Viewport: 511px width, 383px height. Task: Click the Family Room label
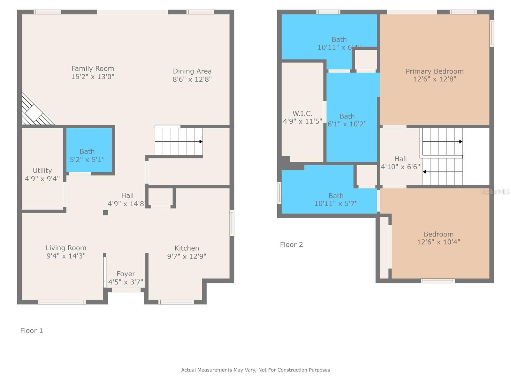pyautogui.click(x=93, y=69)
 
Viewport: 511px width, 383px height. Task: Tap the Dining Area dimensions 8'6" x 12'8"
pyautogui.click(x=192, y=79)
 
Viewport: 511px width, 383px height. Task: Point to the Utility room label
pyautogui.click(x=42, y=170)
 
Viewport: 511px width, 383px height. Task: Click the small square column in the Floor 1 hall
pyautogui.click(x=105, y=213)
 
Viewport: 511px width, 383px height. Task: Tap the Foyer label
pyautogui.click(x=126, y=274)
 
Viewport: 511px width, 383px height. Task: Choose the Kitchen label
pyautogui.click(x=187, y=248)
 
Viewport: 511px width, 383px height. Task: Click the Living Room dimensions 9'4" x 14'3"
pyautogui.click(x=66, y=256)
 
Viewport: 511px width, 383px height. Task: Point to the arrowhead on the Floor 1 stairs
pyautogui.click(x=201, y=141)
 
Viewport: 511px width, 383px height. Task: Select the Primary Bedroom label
pyautogui.click(x=434, y=71)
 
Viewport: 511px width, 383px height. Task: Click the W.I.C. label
pyautogui.click(x=302, y=113)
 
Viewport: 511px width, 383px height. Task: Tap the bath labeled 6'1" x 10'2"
pyautogui.click(x=347, y=120)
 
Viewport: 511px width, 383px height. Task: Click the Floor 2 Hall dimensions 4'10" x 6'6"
pyautogui.click(x=400, y=167)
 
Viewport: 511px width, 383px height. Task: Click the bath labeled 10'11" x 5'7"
pyautogui.click(x=336, y=199)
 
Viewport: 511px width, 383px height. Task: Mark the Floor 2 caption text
pyautogui.click(x=291, y=244)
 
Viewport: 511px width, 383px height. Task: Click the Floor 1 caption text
pyautogui.click(x=31, y=331)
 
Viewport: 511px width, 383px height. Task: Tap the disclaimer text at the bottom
pyautogui.click(x=256, y=370)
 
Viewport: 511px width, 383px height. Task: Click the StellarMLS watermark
pyautogui.click(x=495, y=191)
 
